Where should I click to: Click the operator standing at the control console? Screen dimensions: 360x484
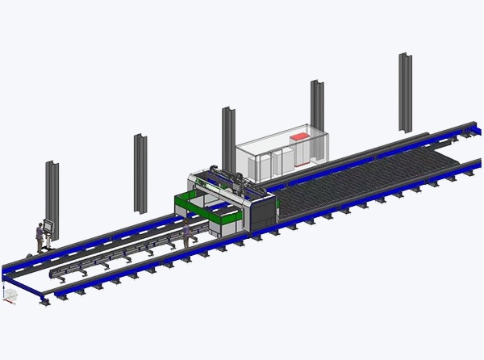tap(38, 237)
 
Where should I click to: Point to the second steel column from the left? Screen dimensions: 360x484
tap(140, 172)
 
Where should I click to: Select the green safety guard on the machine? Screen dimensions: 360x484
tap(194, 206)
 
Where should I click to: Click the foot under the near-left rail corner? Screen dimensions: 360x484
tap(45, 301)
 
